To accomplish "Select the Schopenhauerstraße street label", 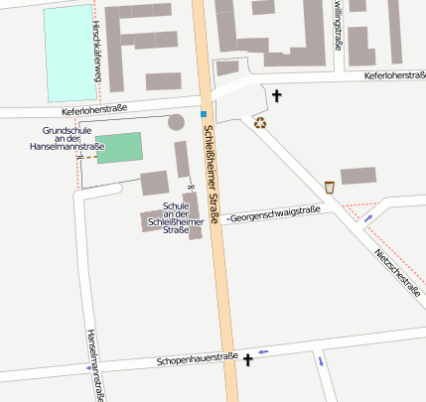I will (x=197, y=360).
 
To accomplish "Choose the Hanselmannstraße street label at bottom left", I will (x=94, y=364).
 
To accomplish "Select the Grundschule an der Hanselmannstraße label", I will (x=73, y=139).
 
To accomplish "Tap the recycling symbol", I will (x=260, y=123).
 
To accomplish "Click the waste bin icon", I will (x=329, y=187).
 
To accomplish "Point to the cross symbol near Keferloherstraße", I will (x=276, y=96).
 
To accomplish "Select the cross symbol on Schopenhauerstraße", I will (x=247, y=361).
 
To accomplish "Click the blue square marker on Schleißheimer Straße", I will (x=204, y=113).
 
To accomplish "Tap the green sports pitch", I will (x=119, y=148).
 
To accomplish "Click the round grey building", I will (x=176, y=122).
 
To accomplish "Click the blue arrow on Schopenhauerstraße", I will (x=263, y=351).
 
